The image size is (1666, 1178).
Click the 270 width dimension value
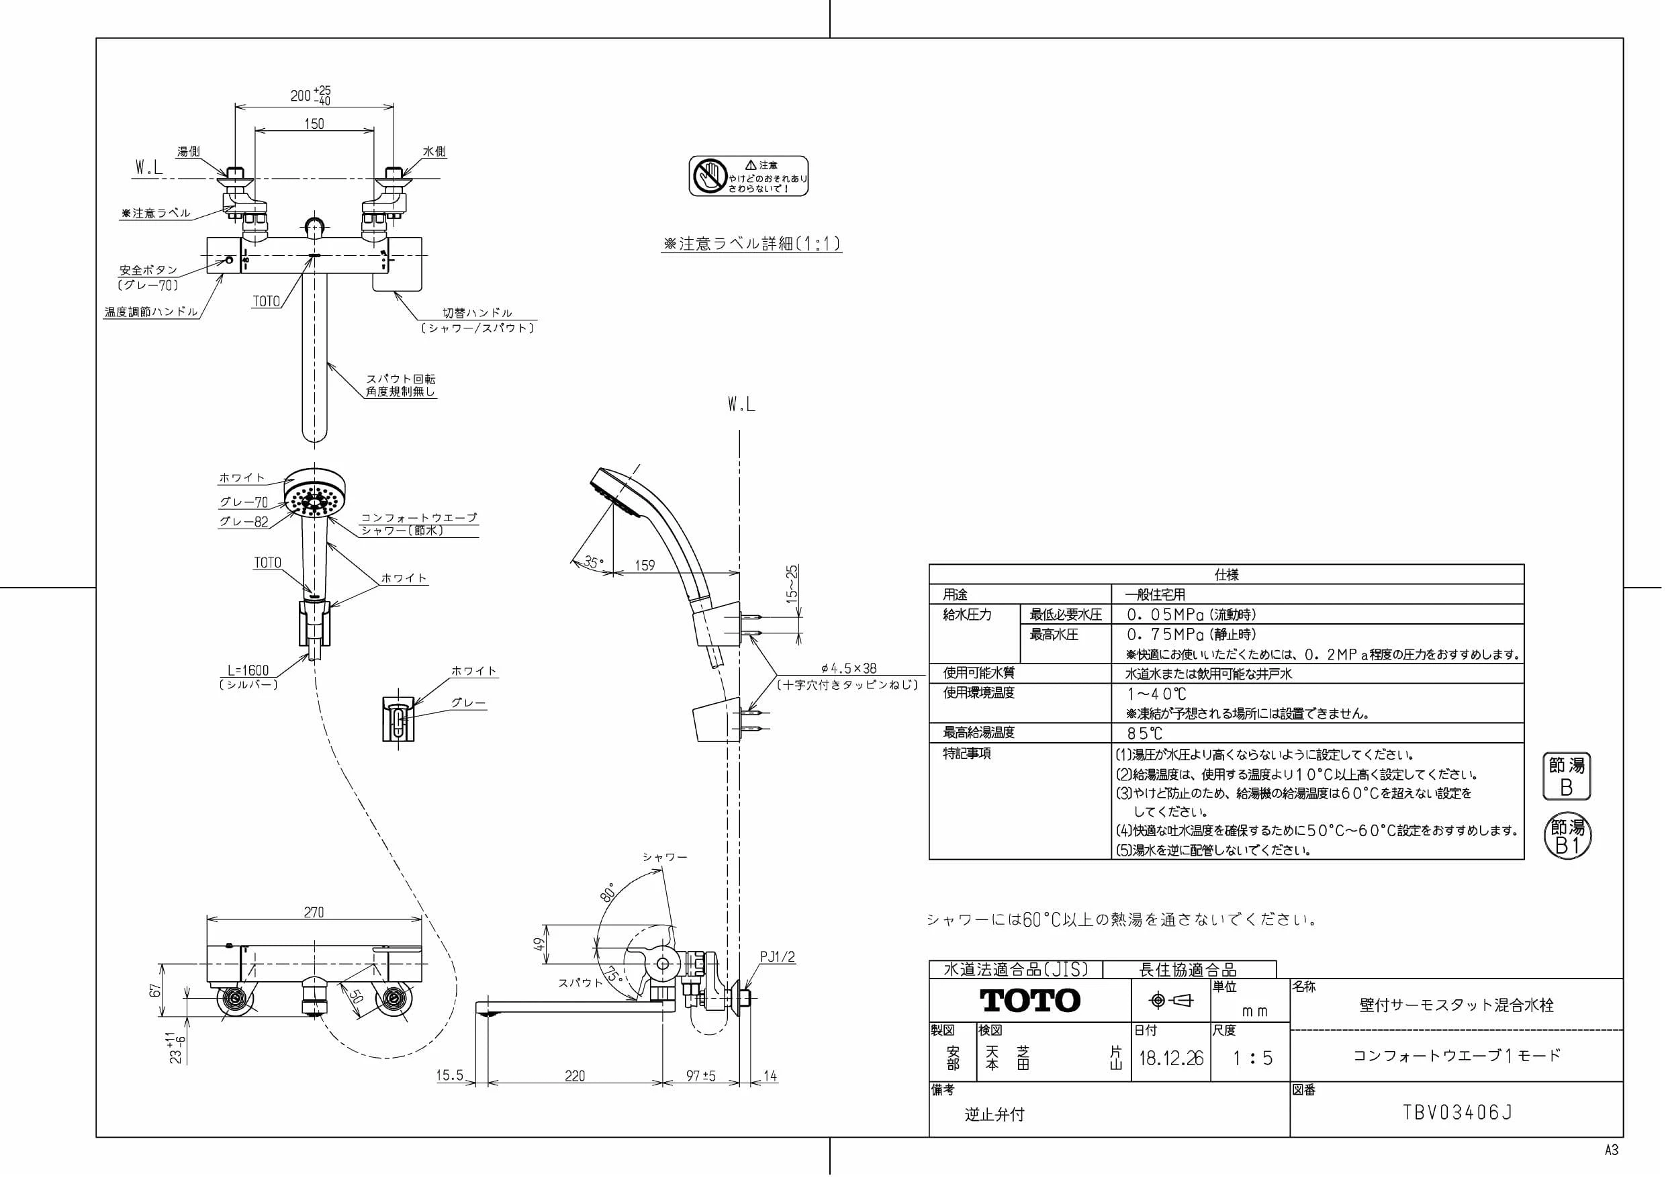click(314, 912)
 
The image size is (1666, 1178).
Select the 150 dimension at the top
click(314, 124)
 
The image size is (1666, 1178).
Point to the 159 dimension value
click(645, 565)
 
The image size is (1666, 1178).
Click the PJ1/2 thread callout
click(777, 956)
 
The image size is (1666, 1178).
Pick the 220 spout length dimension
click(575, 1076)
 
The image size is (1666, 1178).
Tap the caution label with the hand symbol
click(748, 176)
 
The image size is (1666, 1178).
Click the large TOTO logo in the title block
click(1030, 1001)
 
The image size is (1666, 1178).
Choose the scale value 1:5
click(1252, 1058)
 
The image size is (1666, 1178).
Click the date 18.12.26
click(1171, 1058)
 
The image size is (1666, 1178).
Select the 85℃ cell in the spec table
click(1144, 734)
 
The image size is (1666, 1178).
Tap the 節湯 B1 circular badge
click(1567, 836)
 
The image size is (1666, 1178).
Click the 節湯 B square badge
click(1566, 776)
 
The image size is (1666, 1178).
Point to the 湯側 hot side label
click(189, 152)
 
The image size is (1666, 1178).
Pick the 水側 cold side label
click(434, 152)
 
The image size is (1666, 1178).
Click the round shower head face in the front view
click(315, 500)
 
